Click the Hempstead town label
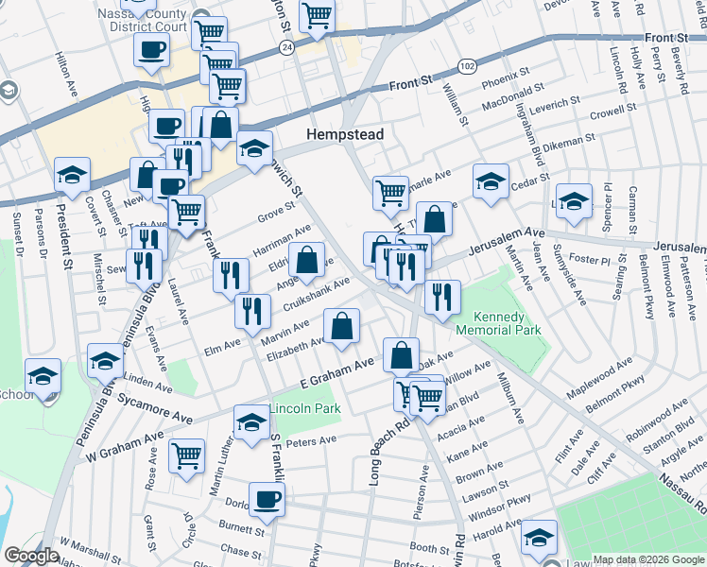(x=345, y=135)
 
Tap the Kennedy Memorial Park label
(x=498, y=324)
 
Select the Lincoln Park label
(x=304, y=409)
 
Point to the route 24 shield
(x=286, y=45)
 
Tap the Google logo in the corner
(x=31, y=556)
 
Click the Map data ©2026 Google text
(x=647, y=559)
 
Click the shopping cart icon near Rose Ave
(x=187, y=455)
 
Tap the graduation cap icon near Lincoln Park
(x=251, y=421)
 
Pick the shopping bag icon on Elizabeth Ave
(x=341, y=327)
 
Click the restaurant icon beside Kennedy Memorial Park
(x=441, y=298)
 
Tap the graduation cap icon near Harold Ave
(x=540, y=538)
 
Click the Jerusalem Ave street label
(x=516, y=232)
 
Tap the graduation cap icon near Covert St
(x=72, y=175)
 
